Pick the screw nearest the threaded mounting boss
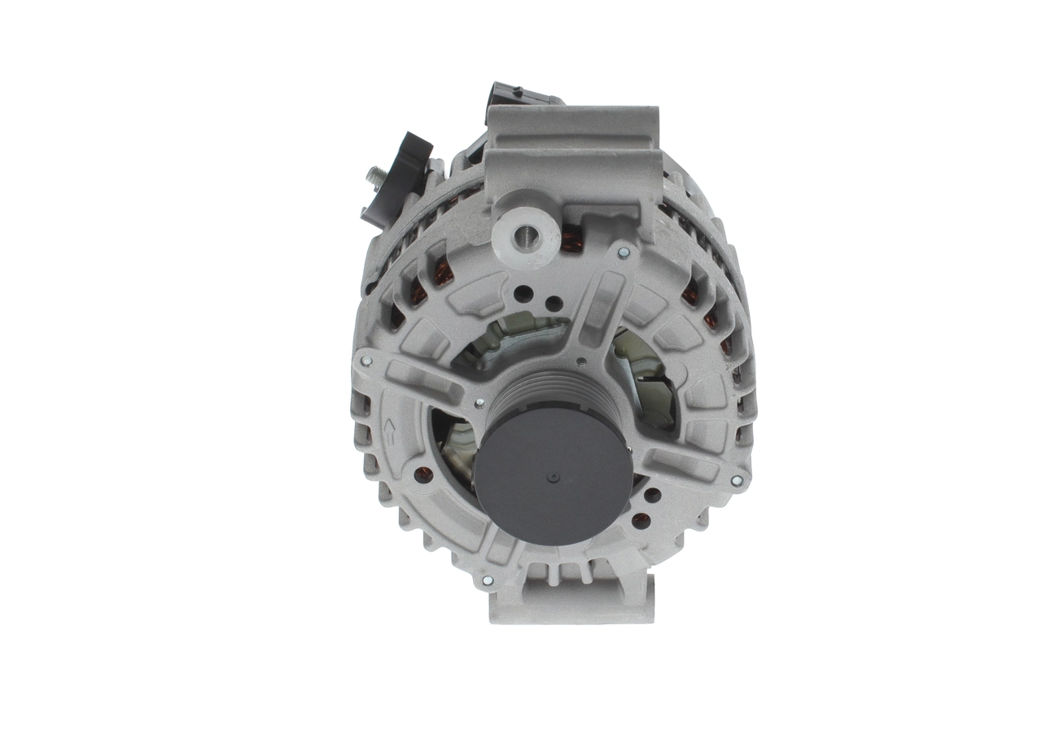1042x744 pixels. click(x=624, y=253)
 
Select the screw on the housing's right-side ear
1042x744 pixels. click(x=737, y=481)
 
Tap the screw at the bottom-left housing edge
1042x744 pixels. click(x=487, y=580)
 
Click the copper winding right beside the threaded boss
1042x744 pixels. click(x=571, y=240)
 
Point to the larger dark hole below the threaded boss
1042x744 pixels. click(x=523, y=294)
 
